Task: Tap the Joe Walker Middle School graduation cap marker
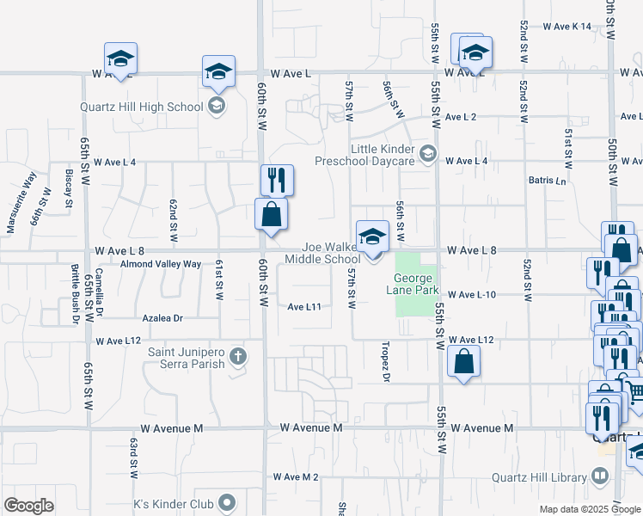point(372,236)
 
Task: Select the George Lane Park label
point(416,284)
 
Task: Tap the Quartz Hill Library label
point(538,477)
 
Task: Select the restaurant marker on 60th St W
point(277,180)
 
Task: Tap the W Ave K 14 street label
point(567,27)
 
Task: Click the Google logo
point(28,506)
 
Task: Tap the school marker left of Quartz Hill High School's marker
point(120,58)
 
